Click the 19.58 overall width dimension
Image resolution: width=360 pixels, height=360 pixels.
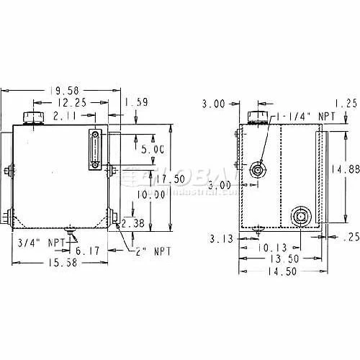63,90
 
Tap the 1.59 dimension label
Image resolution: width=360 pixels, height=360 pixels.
139,102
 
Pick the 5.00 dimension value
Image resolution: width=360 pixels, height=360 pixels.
152,150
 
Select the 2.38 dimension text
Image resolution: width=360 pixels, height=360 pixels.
133,224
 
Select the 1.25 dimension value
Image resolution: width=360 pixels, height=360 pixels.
346,103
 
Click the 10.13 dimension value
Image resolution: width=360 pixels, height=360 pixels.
274,247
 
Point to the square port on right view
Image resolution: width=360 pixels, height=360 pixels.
300,215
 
